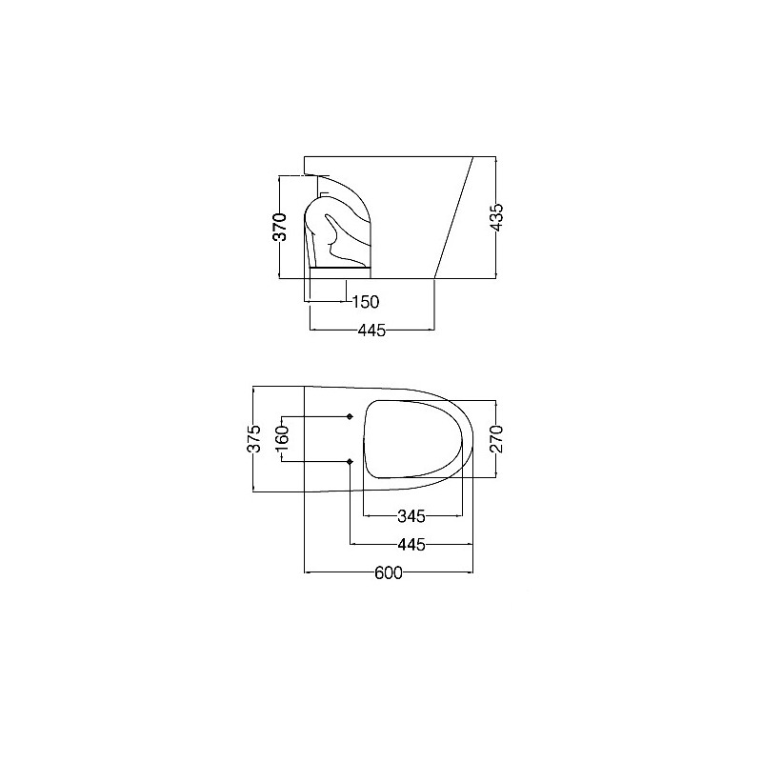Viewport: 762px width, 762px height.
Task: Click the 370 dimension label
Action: click(280, 227)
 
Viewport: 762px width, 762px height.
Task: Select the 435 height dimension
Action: click(496, 217)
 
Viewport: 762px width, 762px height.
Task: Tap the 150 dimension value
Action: click(366, 302)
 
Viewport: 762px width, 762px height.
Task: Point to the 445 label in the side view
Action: click(371, 331)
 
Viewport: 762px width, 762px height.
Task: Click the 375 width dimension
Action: click(254, 438)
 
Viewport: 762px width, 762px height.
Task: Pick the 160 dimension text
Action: click(282, 438)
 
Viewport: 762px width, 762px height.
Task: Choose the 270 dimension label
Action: click(496, 439)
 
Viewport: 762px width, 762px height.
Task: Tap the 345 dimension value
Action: click(411, 516)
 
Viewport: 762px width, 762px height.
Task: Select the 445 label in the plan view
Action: click(411, 545)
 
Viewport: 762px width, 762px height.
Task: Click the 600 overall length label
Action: click(389, 573)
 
